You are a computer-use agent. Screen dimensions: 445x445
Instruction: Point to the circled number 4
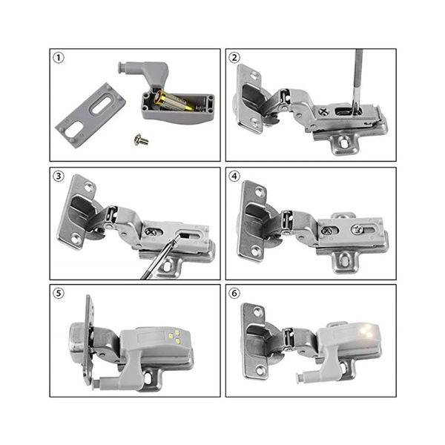pyautogui.click(x=235, y=177)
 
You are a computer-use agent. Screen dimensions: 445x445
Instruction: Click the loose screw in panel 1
pyautogui.click(x=140, y=139)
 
